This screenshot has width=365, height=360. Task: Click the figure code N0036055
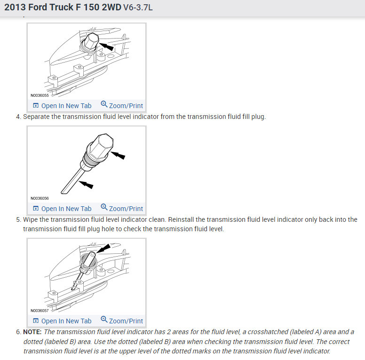[40, 95]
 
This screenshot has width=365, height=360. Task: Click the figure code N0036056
[40, 198]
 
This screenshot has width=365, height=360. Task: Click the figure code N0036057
[40, 311]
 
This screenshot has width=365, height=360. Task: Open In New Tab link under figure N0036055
[62, 106]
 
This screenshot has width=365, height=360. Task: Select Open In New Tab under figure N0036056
[62, 209]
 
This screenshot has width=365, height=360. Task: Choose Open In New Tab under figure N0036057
[62, 321]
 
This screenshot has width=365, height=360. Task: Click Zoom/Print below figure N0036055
[122, 105]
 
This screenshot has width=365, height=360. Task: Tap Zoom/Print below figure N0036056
[122, 208]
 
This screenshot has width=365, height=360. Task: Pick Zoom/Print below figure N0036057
[122, 321]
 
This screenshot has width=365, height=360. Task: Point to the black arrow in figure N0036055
[106, 46]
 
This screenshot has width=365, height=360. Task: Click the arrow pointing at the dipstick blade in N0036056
[86, 184]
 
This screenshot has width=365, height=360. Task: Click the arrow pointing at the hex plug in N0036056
[118, 156]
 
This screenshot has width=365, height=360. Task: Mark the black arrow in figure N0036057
[103, 248]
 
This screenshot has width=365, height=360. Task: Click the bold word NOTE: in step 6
[32, 332]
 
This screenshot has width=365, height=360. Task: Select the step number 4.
[18, 117]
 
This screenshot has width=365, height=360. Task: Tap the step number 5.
[18, 220]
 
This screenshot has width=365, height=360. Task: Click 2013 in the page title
[15, 8]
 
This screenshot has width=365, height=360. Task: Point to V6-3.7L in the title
[138, 8]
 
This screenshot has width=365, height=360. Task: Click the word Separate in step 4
[36, 117]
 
